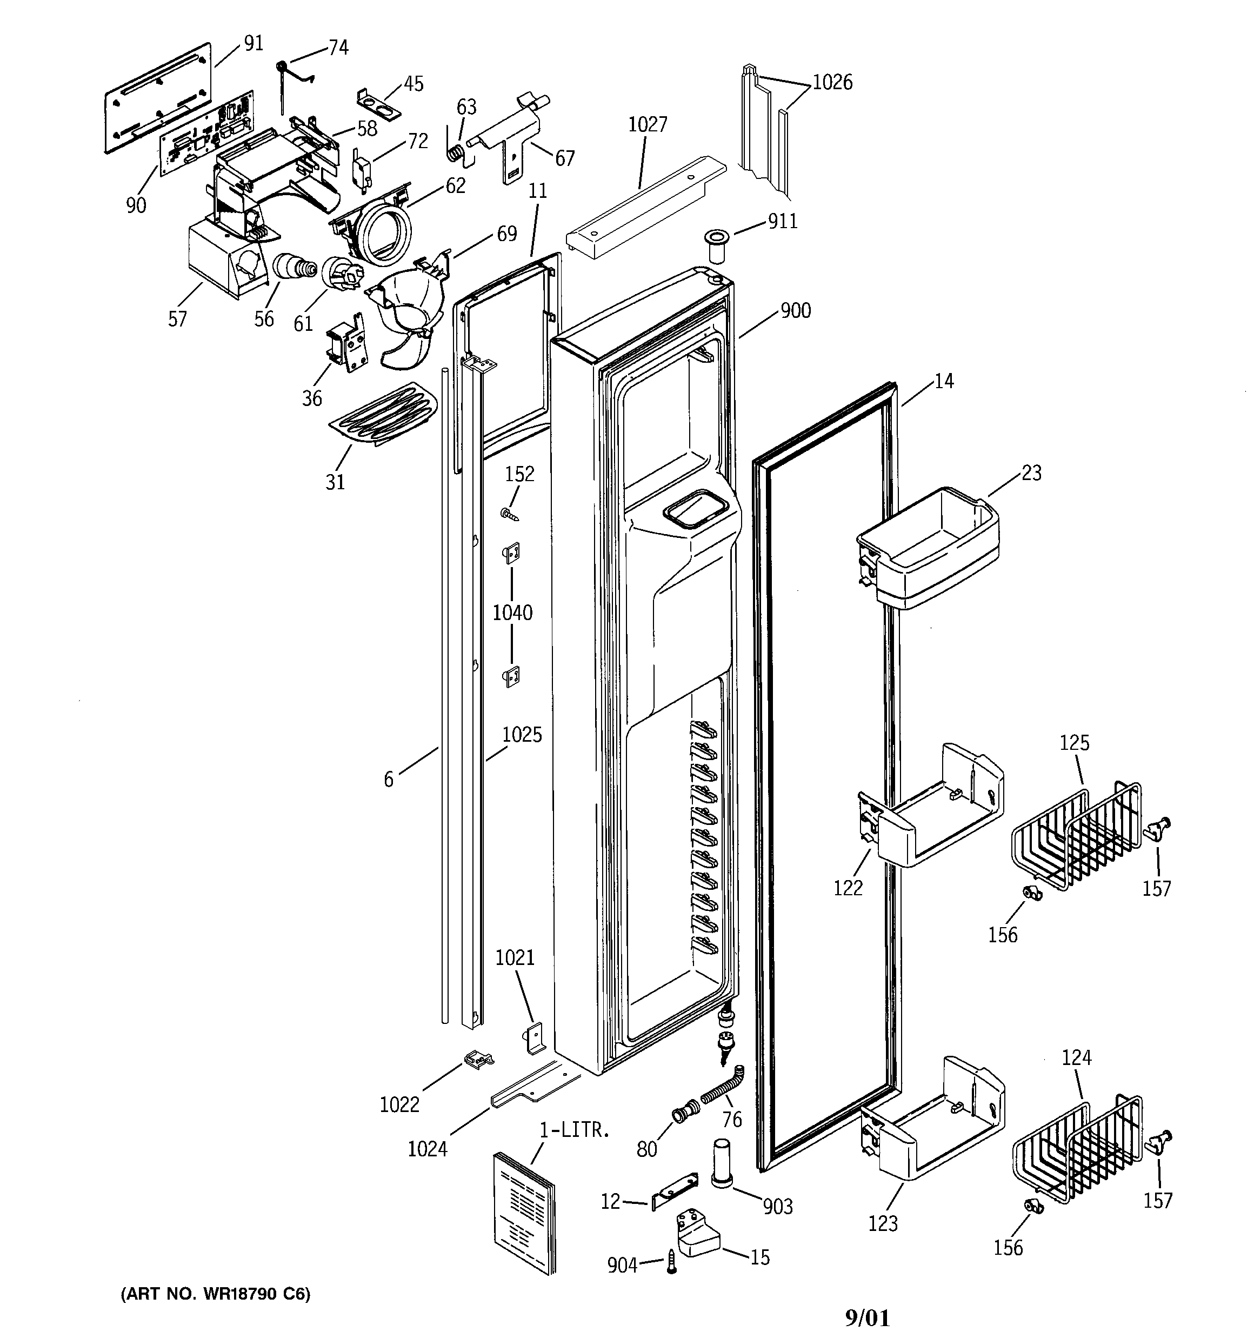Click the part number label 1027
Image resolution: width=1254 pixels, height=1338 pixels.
point(647,124)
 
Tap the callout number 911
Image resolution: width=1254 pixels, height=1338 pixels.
point(783,222)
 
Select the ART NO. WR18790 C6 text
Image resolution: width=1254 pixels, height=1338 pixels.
point(215,1294)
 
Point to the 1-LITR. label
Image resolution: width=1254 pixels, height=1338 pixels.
point(574,1130)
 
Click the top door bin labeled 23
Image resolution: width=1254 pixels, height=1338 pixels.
point(928,549)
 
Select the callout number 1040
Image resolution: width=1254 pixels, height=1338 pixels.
point(512,613)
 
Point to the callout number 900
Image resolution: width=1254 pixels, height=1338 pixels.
point(795,311)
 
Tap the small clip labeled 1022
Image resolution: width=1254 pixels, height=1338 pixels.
point(477,1060)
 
